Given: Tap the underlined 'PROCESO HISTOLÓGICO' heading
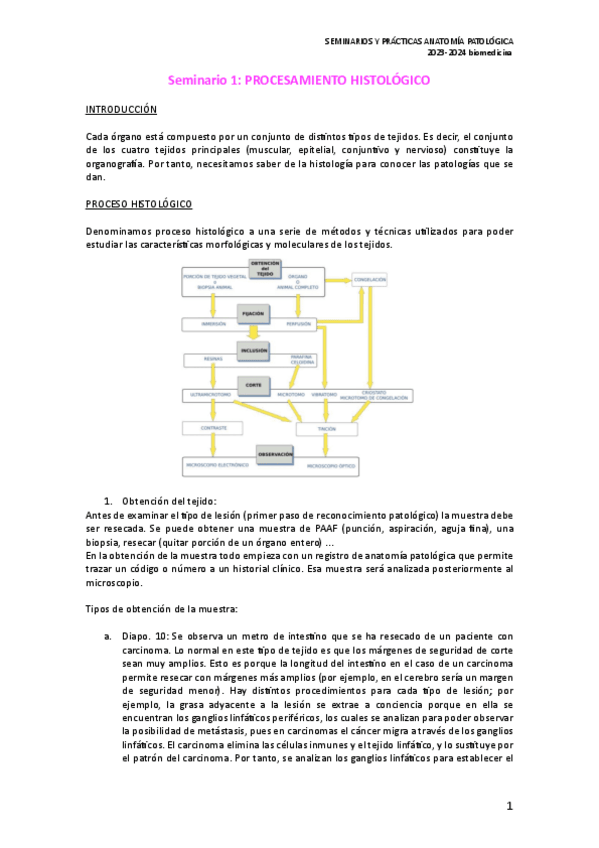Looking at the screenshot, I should tap(139, 205).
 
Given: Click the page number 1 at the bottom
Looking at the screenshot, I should tap(509, 806).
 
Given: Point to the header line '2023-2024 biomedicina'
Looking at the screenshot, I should tap(469, 53).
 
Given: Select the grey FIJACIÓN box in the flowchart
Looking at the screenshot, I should tap(251, 314).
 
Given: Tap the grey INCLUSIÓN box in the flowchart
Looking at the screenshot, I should tap(251, 350).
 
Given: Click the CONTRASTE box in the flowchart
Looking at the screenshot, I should tap(213, 428).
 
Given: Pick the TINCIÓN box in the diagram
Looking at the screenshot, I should tap(326, 429).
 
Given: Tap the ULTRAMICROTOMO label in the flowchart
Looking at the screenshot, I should tap(212, 396).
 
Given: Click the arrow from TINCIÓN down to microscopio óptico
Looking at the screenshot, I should tap(327, 447).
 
